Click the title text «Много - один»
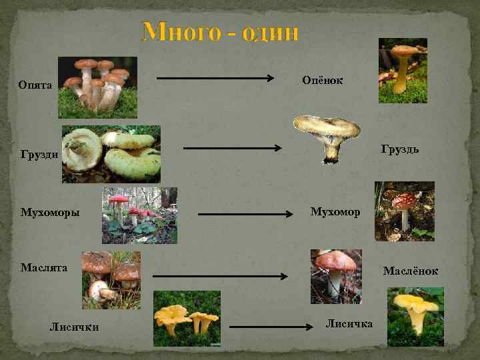click(221, 32)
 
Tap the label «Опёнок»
click(323, 81)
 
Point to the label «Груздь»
click(400, 148)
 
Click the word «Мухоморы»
click(50, 213)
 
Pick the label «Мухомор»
click(335, 212)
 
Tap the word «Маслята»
click(44, 267)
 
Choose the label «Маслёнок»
click(410, 271)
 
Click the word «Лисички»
click(75, 326)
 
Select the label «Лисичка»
click(349, 323)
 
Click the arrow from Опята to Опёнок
click(217, 79)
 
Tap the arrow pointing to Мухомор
click(247, 215)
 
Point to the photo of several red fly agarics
click(139, 215)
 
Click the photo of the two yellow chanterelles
click(187, 318)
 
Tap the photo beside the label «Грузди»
click(111, 154)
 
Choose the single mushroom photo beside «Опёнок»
click(403, 70)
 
